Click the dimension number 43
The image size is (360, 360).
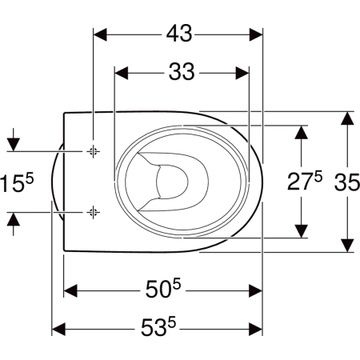point(179,34)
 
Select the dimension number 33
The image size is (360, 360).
point(182,72)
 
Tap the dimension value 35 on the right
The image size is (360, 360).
point(347,182)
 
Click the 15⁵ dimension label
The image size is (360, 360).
point(17,182)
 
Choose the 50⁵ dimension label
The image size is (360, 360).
point(163,289)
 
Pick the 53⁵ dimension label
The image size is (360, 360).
point(158,326)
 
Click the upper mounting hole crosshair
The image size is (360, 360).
point(93,151)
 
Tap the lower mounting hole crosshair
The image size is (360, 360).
point(93,212)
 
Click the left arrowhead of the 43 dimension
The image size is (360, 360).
point(100,34)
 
